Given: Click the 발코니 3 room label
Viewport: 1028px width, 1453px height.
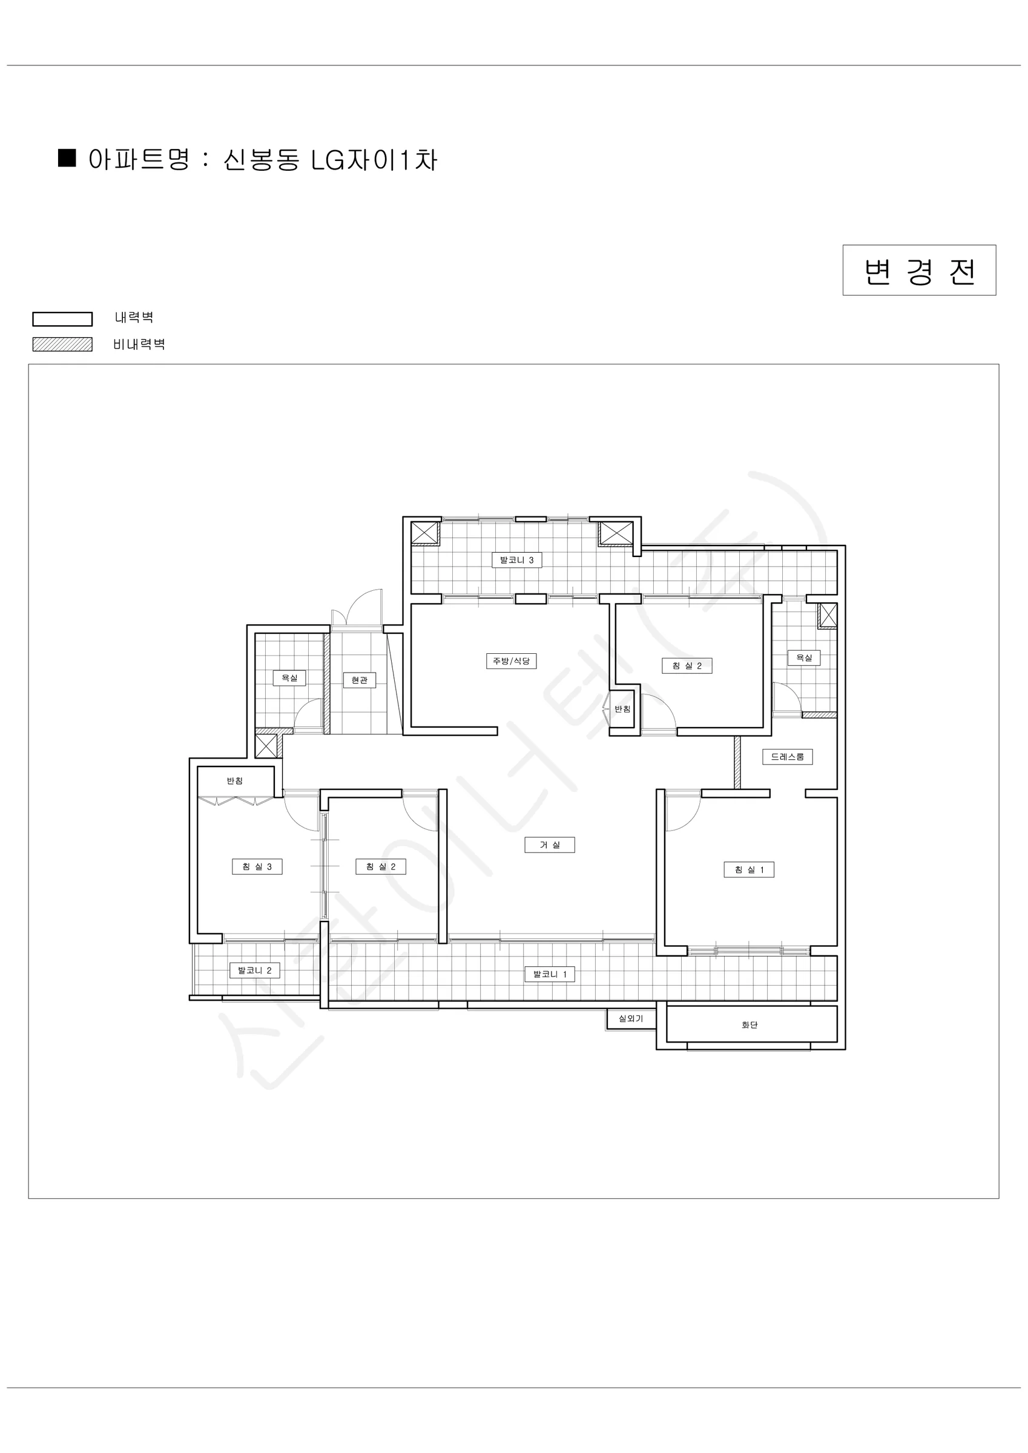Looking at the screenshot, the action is (x=516, y=559).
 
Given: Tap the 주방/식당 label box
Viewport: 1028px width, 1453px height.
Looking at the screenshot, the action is (x=511, y=661).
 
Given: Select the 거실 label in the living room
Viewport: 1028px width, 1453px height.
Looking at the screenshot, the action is (x=550, y=844).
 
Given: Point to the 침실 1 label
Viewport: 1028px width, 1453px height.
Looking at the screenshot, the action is (x=749, y=869).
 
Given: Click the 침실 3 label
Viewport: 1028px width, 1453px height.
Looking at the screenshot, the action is (x=256, y=866).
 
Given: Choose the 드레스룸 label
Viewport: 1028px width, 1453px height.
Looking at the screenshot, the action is (x=788, y=756).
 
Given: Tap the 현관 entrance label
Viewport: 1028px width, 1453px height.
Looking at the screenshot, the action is (x=359, y=680).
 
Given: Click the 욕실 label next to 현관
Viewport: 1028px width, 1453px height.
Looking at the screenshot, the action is (x=289, y=678).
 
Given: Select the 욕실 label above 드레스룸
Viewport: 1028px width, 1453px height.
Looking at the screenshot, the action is (x=804, y=657).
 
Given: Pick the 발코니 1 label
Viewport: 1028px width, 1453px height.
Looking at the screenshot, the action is (x=550, y=974).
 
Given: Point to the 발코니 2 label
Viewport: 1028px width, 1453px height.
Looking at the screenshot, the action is (x=254, y=970).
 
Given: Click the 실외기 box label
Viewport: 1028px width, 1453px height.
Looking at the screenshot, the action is (x=630, y=1018).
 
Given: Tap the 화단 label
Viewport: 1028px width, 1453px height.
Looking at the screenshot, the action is (x=750, y=1024).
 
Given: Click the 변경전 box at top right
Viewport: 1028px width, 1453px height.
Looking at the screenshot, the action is (x=919, y=270).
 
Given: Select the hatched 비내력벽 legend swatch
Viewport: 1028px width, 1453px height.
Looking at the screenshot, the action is (x=63, y=344).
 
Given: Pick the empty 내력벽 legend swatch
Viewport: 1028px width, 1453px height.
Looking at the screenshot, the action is (x=63, y=319).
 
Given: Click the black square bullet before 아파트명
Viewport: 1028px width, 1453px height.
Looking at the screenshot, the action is (x=67, y=158).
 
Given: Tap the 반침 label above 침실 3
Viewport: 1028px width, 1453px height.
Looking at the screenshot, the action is (x=235, y=780).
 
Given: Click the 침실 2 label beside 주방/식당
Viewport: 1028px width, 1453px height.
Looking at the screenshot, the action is (x=686, y=666).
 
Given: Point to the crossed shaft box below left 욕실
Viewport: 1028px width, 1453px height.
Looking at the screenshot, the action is (x=266, y=746).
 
